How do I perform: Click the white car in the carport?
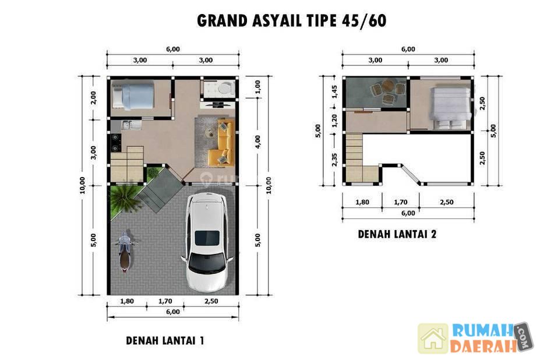tap(206, 242)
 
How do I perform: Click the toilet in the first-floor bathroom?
tap(224, 87)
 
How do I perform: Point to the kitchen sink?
tap(131, 125)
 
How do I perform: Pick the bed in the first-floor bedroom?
tap(133, 96)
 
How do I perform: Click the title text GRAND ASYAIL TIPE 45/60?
tap(291, 20)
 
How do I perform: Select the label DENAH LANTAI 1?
tap(165, 341)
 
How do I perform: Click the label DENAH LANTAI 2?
tap(397, 234)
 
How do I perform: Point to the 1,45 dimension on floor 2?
tap(335, 92)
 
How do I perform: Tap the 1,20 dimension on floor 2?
tap(335, 121)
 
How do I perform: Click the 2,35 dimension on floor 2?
tap(335, 160)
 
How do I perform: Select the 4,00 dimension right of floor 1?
tap(258, 142)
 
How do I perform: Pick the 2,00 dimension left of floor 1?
tap(94, 98)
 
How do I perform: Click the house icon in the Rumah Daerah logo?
tap(433, 338)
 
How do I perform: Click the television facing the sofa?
tap(218, 104)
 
